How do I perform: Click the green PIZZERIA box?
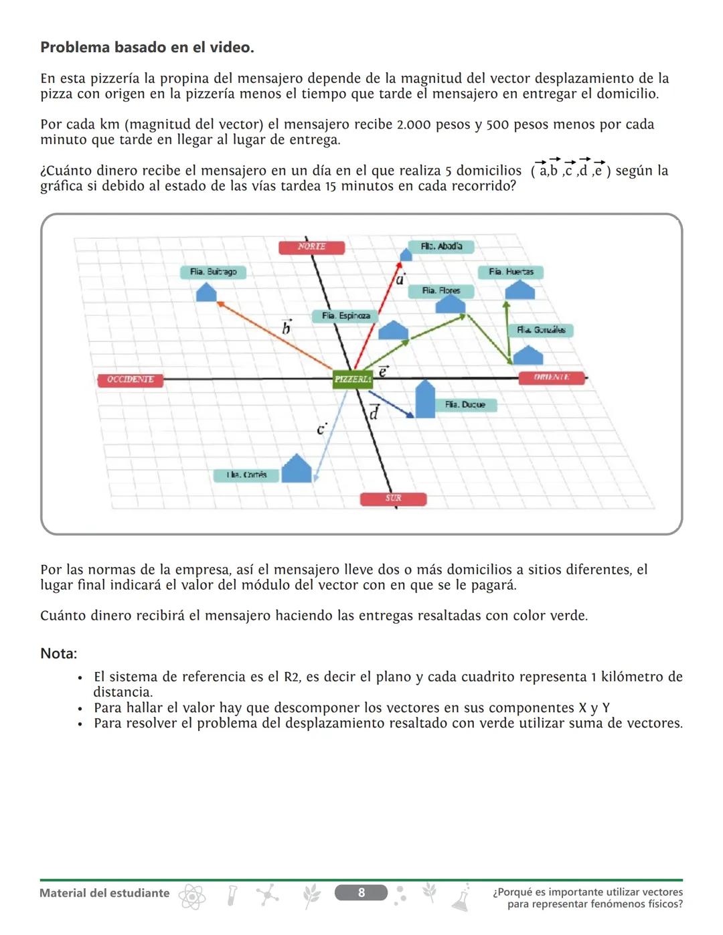(353, 379)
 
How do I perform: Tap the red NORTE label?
(311, 247)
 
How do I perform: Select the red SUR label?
(393, 499)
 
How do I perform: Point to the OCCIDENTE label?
(130, 379)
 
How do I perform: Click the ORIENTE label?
(552, 377)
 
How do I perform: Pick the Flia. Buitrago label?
(213, 272)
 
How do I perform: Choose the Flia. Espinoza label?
(345, 316)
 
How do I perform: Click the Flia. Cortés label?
(246, 475)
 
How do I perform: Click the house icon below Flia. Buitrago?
(206, 292)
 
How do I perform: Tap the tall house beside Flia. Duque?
(425, 400)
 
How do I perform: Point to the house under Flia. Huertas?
(519, 290)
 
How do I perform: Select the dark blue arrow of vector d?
(391, 405)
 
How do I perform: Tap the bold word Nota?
(58, 653)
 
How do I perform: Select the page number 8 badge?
(361, 892)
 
